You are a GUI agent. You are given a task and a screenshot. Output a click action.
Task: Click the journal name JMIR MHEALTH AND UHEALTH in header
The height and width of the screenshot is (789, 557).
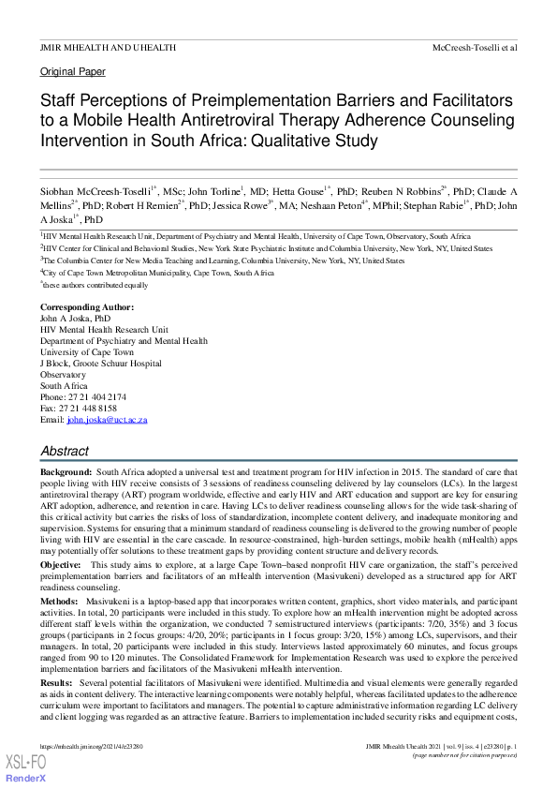click(x=108, y=46)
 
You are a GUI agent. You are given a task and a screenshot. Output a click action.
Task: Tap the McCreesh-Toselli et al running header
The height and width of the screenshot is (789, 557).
click(x=474, y=46)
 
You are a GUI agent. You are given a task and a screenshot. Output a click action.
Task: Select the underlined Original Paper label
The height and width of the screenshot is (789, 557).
click(x=73, y=71)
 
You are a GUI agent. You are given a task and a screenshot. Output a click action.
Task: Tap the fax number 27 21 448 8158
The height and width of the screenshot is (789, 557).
click(x=85, y=409)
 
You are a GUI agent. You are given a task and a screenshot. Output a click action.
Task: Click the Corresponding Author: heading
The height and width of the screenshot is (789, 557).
click(x=87, y=307)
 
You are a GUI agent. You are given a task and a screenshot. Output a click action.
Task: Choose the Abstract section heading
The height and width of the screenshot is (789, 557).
click(x=65, y=452)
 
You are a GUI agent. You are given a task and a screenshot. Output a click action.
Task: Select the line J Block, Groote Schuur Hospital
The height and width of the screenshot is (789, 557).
click(x=100, y=364)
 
